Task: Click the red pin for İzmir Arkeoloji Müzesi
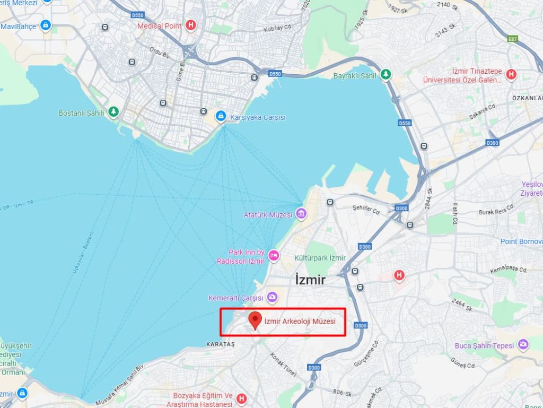coord(256,320)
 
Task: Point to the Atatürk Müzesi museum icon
coord(301,214)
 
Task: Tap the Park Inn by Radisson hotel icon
coord(274,255)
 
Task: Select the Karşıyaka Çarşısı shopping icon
coord(221,116)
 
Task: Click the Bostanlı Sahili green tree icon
coord(113,112)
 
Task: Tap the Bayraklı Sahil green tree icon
coord(386,75)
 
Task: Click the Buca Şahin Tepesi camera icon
coord(523,345)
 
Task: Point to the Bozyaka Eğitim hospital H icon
coord(242,398)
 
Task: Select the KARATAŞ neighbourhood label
coord(220,344)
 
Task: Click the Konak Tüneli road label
coord(283,364)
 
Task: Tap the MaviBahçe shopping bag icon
coord(46,25)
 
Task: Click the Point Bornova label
coord(521,241)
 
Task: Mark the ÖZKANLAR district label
coord(527,98)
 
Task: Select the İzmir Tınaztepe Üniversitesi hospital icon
coord(511,75)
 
